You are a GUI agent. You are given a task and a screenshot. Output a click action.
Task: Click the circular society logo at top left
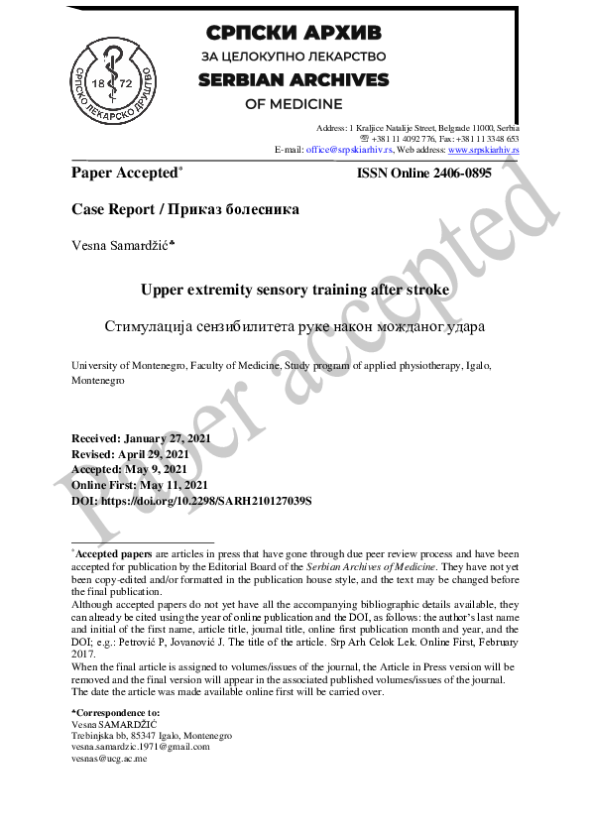[115, 73]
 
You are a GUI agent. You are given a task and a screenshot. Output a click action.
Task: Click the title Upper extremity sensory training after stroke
[295, 290]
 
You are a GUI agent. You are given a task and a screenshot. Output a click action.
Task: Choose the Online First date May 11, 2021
[173, 485]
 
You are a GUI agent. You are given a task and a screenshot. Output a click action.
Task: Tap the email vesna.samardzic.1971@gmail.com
[141, 747]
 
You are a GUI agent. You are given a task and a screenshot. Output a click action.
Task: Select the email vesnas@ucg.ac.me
[109, 759]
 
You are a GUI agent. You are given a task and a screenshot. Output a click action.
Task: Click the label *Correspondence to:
[115, 713]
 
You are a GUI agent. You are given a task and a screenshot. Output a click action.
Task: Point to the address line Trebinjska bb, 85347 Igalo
[152, 736]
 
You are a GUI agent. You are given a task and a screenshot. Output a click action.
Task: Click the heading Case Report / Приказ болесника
[184, 209]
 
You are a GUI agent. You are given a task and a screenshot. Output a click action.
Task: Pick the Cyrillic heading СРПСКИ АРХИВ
[294, 32]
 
